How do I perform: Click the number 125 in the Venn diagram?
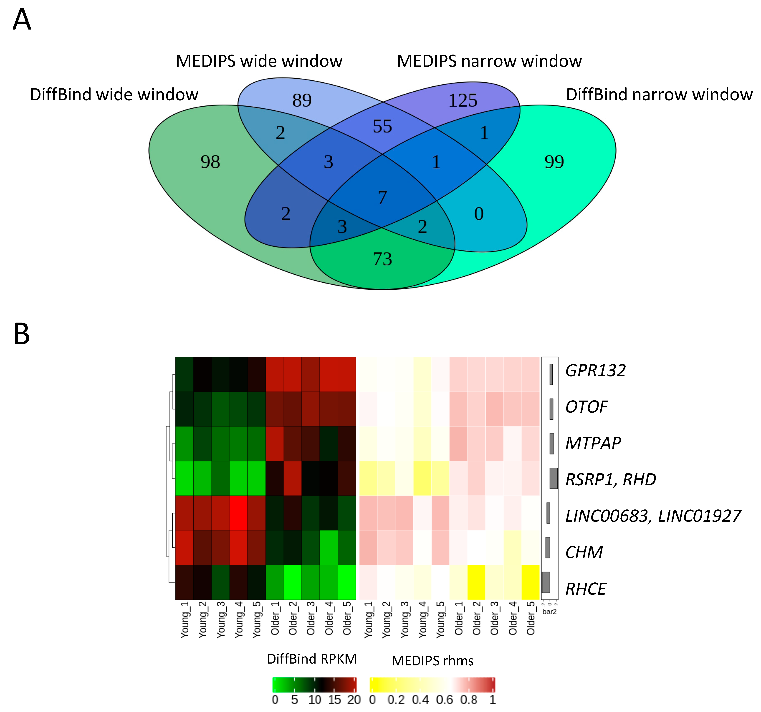click(463, 101)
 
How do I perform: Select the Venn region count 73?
click(382, 259)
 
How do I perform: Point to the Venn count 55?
click(382, 126)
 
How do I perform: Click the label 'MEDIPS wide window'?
click(259, 61)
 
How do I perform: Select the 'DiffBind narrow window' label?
click(659, 95)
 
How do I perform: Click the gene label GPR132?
click(595, 370)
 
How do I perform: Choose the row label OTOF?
click(587, 407)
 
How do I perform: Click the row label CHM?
click(584, 552)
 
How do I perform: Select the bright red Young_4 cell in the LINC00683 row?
click(238, 513)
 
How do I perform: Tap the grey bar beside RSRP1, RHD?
click(553, 478)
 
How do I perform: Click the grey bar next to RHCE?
click(546, 582)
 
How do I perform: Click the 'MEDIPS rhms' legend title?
click(432, 660)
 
